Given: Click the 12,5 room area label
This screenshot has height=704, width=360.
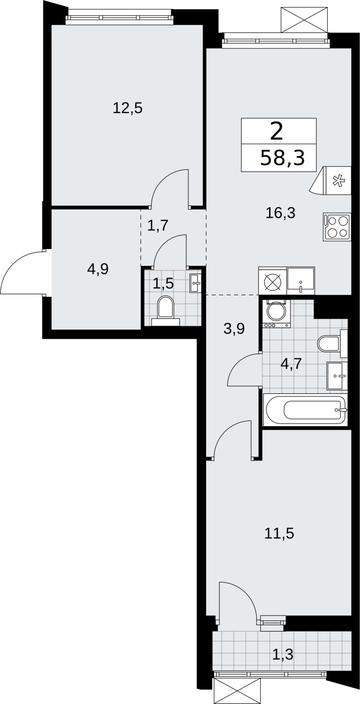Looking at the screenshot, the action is [x=127, y=108].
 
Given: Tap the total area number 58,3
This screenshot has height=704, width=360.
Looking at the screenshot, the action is [x=283, y=158].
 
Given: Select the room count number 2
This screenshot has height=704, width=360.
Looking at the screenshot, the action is [x=276, y=132].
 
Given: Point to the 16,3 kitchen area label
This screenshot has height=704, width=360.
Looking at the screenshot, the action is [x=280, y=213].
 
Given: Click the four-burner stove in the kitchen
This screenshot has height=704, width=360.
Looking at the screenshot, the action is [x=337, y=227].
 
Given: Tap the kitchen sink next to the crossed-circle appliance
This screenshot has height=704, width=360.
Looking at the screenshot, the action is [x=301, y=281].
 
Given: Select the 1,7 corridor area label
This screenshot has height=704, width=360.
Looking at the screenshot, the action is [x=158, y=225].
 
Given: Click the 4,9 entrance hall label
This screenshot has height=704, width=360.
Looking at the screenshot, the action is [x=98, y=269].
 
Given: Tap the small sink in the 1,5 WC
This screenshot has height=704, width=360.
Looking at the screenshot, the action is [x=195, y=283].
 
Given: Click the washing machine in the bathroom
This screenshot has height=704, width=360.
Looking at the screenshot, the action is [x=276, y=313].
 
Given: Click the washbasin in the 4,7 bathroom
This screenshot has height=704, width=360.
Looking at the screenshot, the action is [x=337, y=376].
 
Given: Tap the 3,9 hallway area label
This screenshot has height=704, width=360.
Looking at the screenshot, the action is [x=234, y=329].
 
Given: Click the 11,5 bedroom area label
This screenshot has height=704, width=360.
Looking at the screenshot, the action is [x=279, y=533].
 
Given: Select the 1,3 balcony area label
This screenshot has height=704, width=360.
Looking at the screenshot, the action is [x=283, y=655].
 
